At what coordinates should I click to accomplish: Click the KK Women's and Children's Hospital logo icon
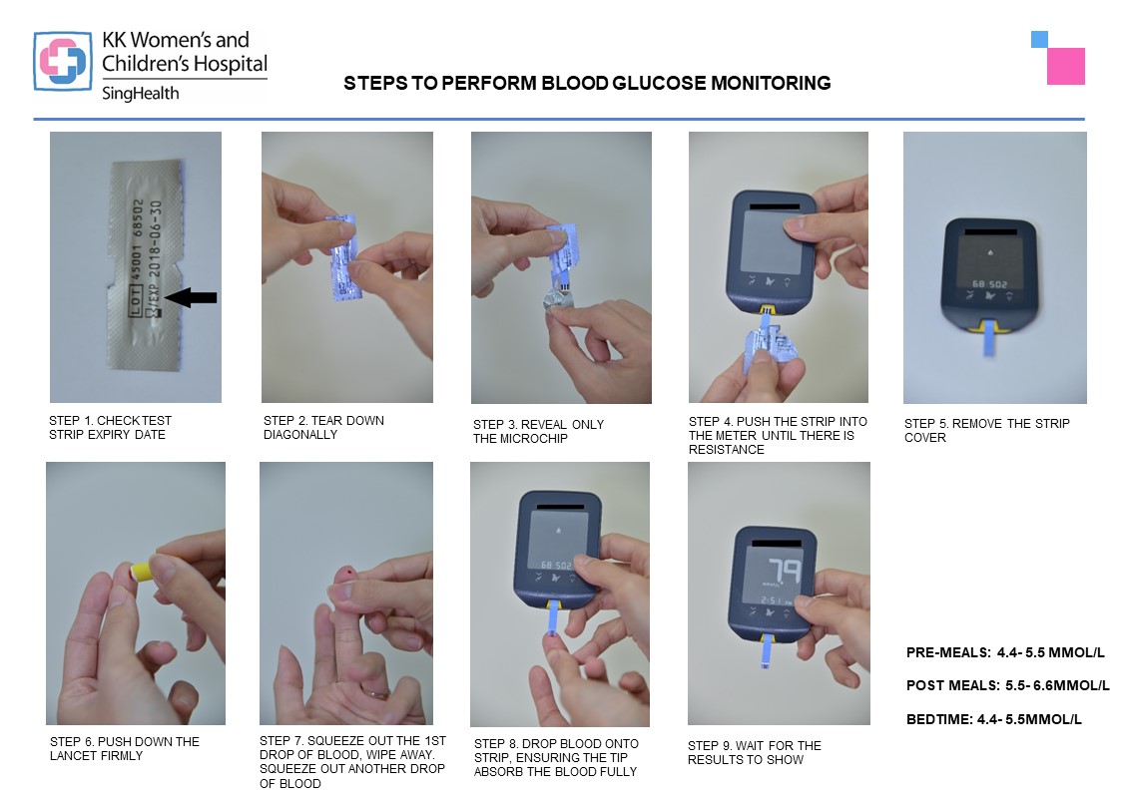[x=63, y=62]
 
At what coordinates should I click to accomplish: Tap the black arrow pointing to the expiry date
[x=191, y=297]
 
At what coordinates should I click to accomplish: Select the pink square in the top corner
[x=1066, y=67]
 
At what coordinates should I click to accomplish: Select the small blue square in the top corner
[x=1039, y=39]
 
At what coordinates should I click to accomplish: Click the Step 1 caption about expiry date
[x=110, y=428]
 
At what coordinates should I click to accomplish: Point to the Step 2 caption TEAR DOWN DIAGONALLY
[x=323, y=428]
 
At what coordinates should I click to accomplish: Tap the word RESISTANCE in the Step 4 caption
[x=727, y=449]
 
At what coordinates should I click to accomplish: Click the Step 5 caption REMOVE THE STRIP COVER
[x=986, y=431]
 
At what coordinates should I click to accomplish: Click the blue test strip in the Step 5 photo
[x=990, y=338]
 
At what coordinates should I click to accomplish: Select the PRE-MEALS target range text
[x=1005, y=652]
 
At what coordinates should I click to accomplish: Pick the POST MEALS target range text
[x=1008, y=685]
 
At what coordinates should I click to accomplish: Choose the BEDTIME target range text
[x=994, y=719]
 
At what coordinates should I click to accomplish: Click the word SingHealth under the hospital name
[x=140, y=94]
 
